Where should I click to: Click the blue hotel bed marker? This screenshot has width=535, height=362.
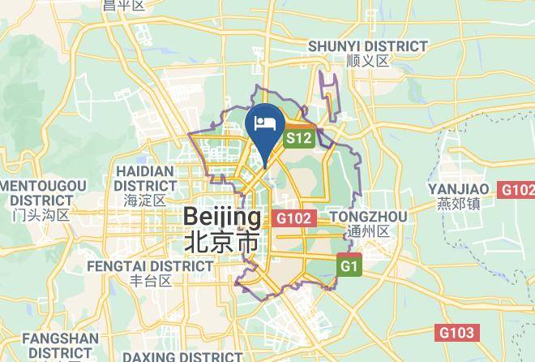[265, 124]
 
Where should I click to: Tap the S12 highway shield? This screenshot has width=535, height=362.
[298, 139]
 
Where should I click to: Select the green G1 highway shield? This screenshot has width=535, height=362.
[349, 265]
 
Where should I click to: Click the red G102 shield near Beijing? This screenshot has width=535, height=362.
[293, 218]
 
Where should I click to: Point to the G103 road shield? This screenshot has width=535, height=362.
[457, 332]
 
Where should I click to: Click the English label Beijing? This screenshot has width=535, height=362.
[222, 217]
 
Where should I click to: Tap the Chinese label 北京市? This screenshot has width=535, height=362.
[222, 241]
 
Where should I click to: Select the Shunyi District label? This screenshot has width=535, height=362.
[367, 46]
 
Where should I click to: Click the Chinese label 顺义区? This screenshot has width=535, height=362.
[367, 61]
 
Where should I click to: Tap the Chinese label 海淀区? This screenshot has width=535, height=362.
[145, 199]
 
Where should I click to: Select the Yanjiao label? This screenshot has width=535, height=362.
[456, 189]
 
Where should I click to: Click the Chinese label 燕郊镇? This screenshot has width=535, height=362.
[456, 203]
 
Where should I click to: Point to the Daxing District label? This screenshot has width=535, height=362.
[182, 356]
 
